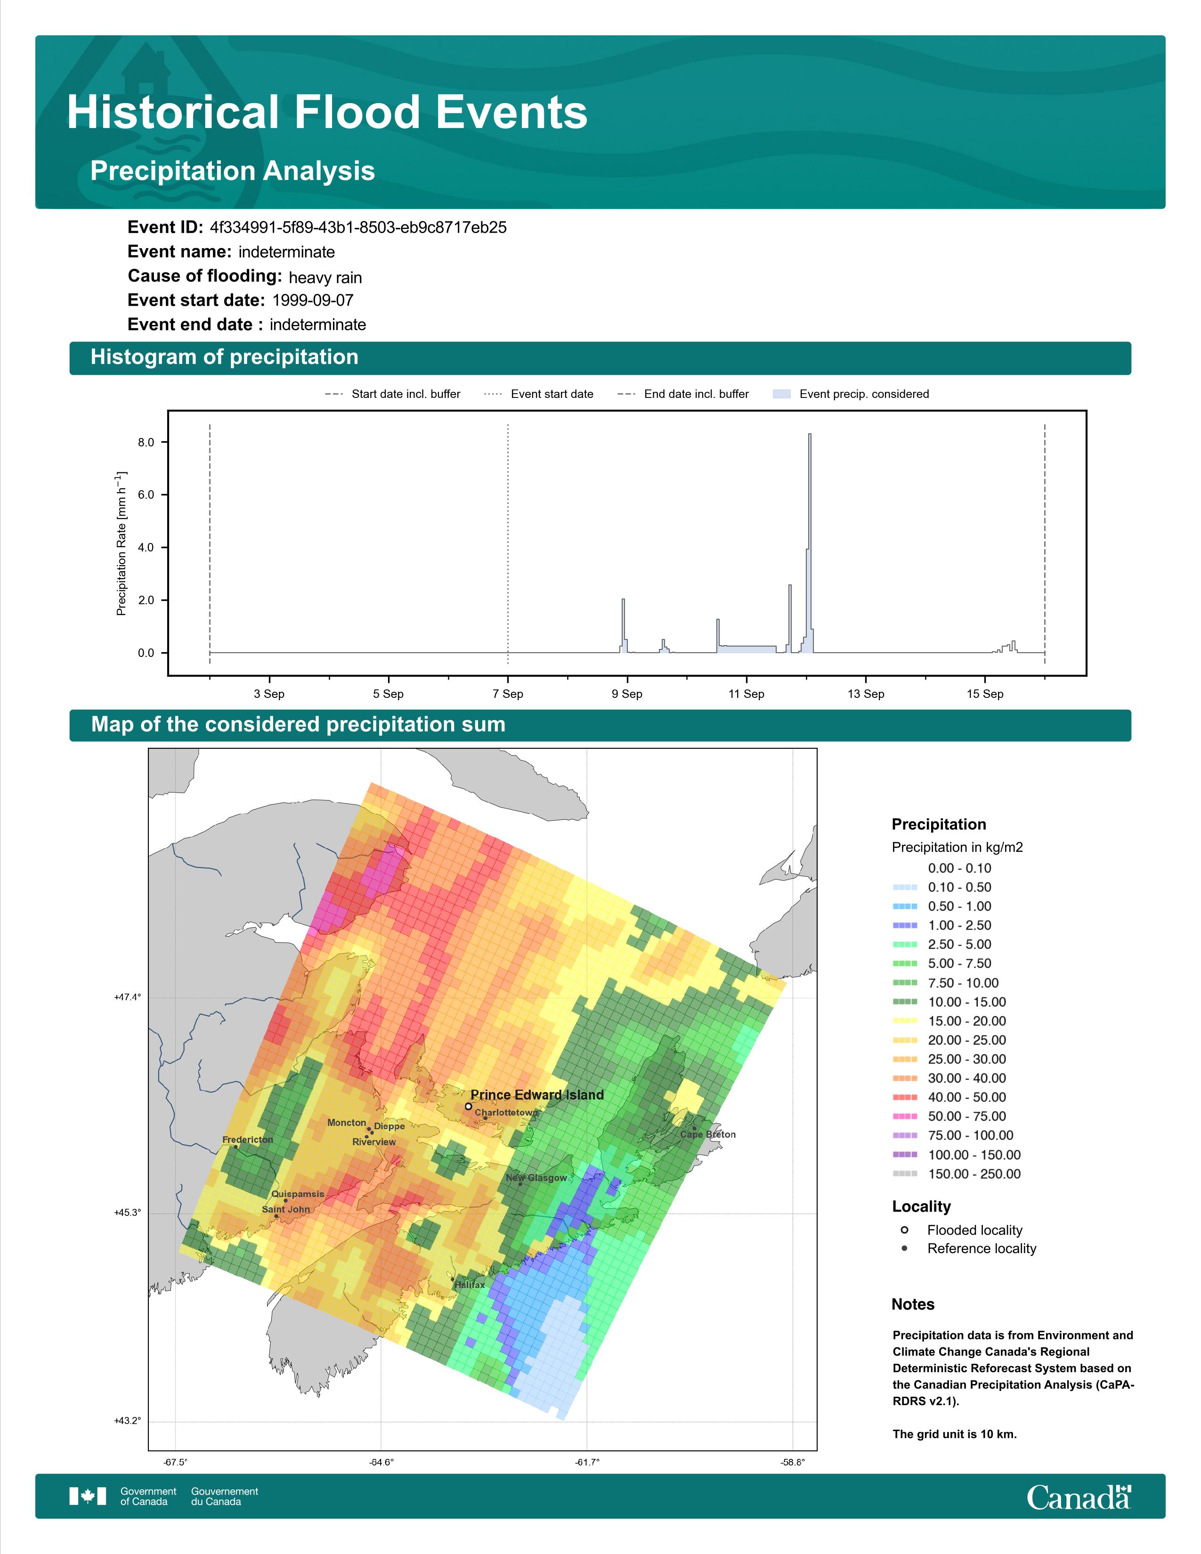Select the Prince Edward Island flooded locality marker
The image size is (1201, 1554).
pos(468,1107)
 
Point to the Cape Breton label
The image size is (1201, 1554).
pos(708,1134)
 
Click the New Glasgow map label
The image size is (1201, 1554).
pos(536,1178)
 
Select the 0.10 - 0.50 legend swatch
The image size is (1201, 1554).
pos(905,887)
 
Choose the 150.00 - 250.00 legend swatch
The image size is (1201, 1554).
pos(905,1174)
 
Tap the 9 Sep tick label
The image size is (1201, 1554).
pos(627,694)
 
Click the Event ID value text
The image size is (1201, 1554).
pos(358,228)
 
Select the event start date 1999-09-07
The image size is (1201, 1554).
pos(313,300)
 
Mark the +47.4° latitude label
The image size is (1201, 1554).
pos(127,997)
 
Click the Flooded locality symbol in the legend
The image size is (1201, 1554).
pos(904,1230)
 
